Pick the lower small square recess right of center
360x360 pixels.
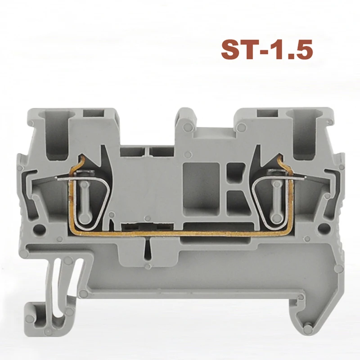pyautogui.click(x=234, y=198)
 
